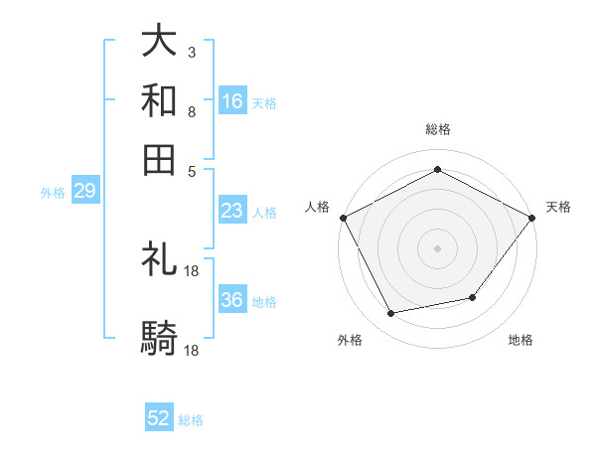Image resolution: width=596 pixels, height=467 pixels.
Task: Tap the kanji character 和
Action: click(160, 102)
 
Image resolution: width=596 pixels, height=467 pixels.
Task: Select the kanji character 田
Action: click(160, 160)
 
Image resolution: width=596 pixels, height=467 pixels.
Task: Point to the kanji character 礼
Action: click(160, 260)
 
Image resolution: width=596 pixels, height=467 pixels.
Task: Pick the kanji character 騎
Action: click(160, 339)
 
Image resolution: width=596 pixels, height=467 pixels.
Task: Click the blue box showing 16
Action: click(232, 101)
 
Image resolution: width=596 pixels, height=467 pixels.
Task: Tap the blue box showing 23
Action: click(232, 211)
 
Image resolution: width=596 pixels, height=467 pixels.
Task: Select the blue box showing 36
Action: click(232, 300)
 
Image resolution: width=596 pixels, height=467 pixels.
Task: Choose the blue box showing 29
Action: click(84, 192)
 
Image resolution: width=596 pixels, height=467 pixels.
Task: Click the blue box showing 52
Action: click(159, 418)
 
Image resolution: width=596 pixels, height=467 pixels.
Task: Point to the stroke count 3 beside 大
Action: click(191, 51)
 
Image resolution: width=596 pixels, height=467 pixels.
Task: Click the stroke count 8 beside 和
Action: click(191, 111)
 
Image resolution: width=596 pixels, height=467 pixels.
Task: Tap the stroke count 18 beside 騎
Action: click(192, 350)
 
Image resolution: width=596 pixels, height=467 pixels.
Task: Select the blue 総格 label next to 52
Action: click(191, 420)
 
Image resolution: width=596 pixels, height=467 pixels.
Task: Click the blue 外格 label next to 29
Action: click(52, 193)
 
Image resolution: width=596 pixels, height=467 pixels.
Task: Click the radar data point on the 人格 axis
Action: click(343, 217)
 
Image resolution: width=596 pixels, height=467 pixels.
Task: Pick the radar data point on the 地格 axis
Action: click(473, 297)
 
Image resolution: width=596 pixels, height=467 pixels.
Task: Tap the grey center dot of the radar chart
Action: click(438, 247)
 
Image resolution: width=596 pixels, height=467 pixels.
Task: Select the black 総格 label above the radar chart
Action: click(438, 129)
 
